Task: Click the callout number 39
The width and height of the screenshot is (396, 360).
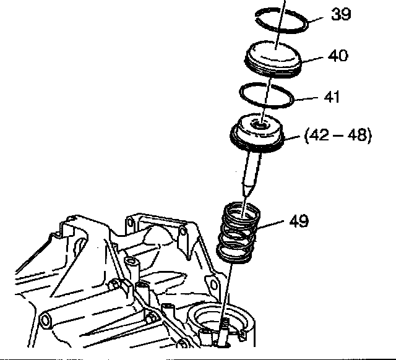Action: pos(341,14)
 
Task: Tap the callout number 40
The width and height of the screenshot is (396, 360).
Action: pos(338,56)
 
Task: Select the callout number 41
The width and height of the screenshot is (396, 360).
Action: pos(332,96)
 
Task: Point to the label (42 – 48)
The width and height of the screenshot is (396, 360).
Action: pos(338,135)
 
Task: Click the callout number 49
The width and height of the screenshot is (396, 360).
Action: pos(299,221)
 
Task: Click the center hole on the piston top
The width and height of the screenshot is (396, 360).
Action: pos(259,125)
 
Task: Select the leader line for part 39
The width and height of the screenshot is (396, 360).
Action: pos(316,20)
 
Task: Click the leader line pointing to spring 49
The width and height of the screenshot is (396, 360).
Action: pos(271,225)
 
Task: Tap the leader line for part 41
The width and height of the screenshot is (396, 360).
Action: pos(306,99)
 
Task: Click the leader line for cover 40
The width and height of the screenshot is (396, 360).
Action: pos(312,59)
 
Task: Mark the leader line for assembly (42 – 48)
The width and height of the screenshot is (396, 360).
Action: pos(292,137)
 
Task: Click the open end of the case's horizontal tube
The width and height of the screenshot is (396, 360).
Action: pos(45,320)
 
